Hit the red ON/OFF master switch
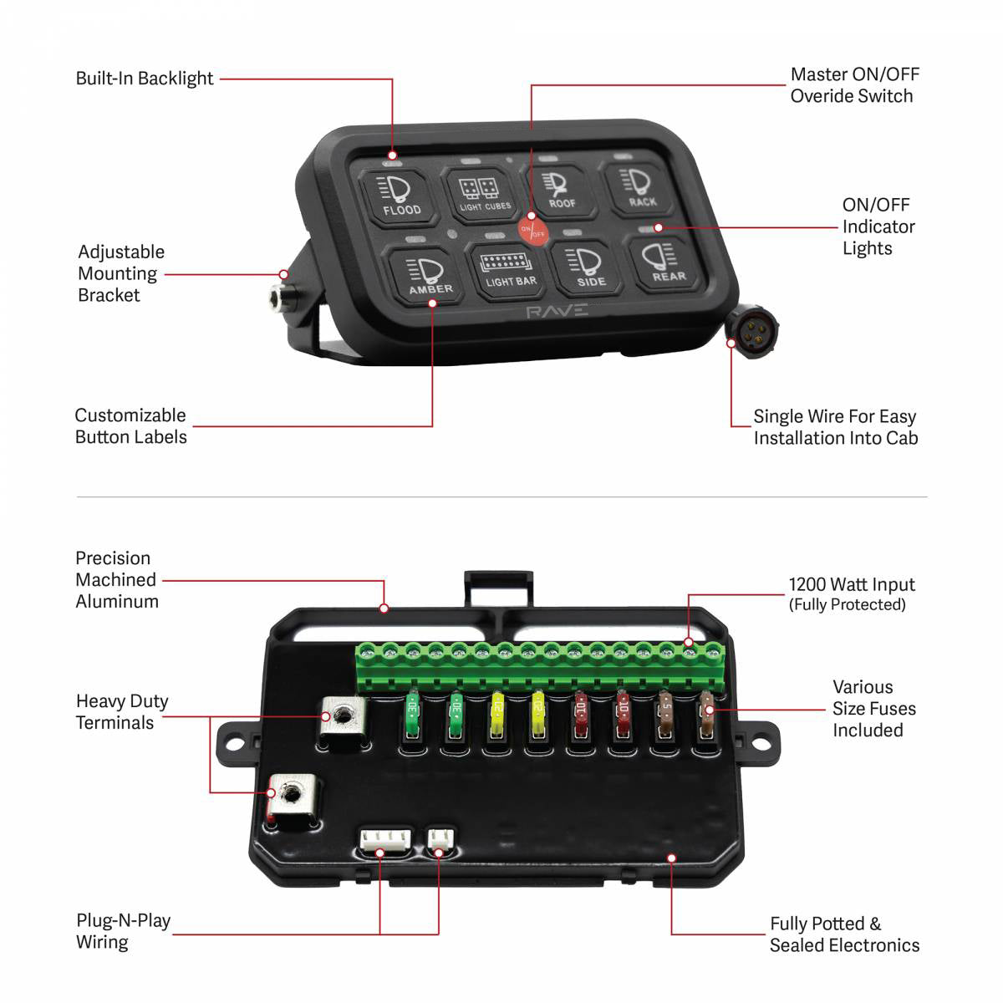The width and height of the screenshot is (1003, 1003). pyautogui.click(x=532, y=231)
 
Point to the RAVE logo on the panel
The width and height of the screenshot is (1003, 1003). pyautogui.click(x=557, y=312)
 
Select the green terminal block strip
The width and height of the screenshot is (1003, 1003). pyautogui.click(x=539, y=666)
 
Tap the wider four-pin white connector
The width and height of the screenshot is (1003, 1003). pyautogui.click(x=385, y=839)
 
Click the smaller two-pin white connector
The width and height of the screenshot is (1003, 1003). pyautogui.click(x=438, y=838)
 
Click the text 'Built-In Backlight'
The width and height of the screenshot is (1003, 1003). pyautogui.click(x=145, y=79)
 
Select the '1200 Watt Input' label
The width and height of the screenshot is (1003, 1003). pyautogui.click(x=851, y=585)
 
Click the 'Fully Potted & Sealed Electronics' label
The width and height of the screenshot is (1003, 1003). pyautogui.click(x=843, y=934)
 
